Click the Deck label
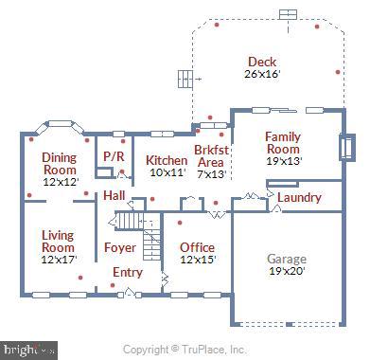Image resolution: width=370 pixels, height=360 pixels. [x=262, y=62]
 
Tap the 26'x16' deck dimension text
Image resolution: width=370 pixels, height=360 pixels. [x=262, y=74]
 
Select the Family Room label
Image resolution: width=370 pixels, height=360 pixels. [x=283, y=143]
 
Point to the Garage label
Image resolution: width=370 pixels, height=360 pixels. [x=287, y=258]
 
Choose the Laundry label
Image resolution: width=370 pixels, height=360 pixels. [x=299, y=198]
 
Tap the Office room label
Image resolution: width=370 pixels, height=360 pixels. [x=198, y=247]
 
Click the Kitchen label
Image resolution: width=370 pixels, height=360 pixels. [x=167, y=161]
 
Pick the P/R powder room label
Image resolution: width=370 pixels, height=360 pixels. [x=114, y=156]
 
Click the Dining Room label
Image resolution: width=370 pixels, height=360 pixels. [x=60, y=163]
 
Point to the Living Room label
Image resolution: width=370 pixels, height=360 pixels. [x=58, y=241]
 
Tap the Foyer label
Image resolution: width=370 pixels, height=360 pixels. [x=120, y=247]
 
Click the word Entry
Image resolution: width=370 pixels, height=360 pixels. [x=128, y=273]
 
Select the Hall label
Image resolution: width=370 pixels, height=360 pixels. [x=115, y=195]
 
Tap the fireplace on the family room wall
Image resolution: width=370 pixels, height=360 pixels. [x=346, y=149]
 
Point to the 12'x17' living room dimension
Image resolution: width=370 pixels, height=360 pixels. [x=59, y=259]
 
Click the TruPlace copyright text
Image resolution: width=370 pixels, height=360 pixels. [x=185, y=350]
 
